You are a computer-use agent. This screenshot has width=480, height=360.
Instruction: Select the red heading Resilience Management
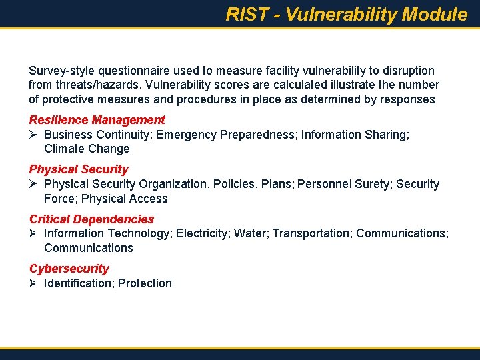pos(97,120)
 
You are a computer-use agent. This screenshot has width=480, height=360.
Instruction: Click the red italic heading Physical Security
pos(79,169)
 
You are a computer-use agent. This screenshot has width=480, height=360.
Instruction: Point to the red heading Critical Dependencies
pos(91,219)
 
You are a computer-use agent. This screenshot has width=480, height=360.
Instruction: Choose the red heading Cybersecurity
pos(69,268)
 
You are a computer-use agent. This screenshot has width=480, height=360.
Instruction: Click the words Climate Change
pos(87,149)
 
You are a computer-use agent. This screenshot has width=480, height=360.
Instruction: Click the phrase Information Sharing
pos(355,135)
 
